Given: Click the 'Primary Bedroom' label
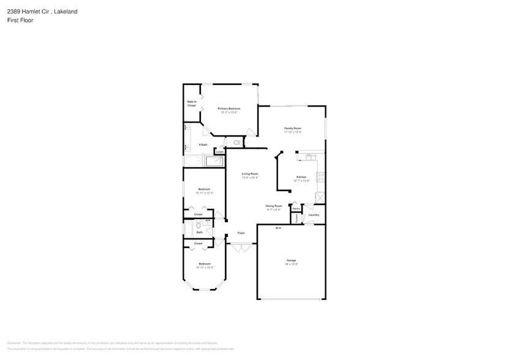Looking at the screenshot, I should [228, 108].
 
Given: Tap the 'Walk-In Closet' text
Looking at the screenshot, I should [192, 103].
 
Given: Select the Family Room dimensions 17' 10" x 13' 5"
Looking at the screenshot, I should [292, 132].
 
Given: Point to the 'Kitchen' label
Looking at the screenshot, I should [301, 177].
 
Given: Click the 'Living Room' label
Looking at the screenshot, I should [249, 174].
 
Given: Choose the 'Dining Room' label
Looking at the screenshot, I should [273, 206].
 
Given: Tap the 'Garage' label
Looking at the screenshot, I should [291, 260].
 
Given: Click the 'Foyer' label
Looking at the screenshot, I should [241, 233].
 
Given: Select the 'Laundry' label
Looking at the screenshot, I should [314, 215].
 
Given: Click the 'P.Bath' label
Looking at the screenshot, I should [203, 144].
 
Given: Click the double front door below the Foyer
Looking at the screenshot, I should [241, 247].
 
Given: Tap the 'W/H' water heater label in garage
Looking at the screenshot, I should [277, 228].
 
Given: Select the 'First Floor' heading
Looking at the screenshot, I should [20, 20].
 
